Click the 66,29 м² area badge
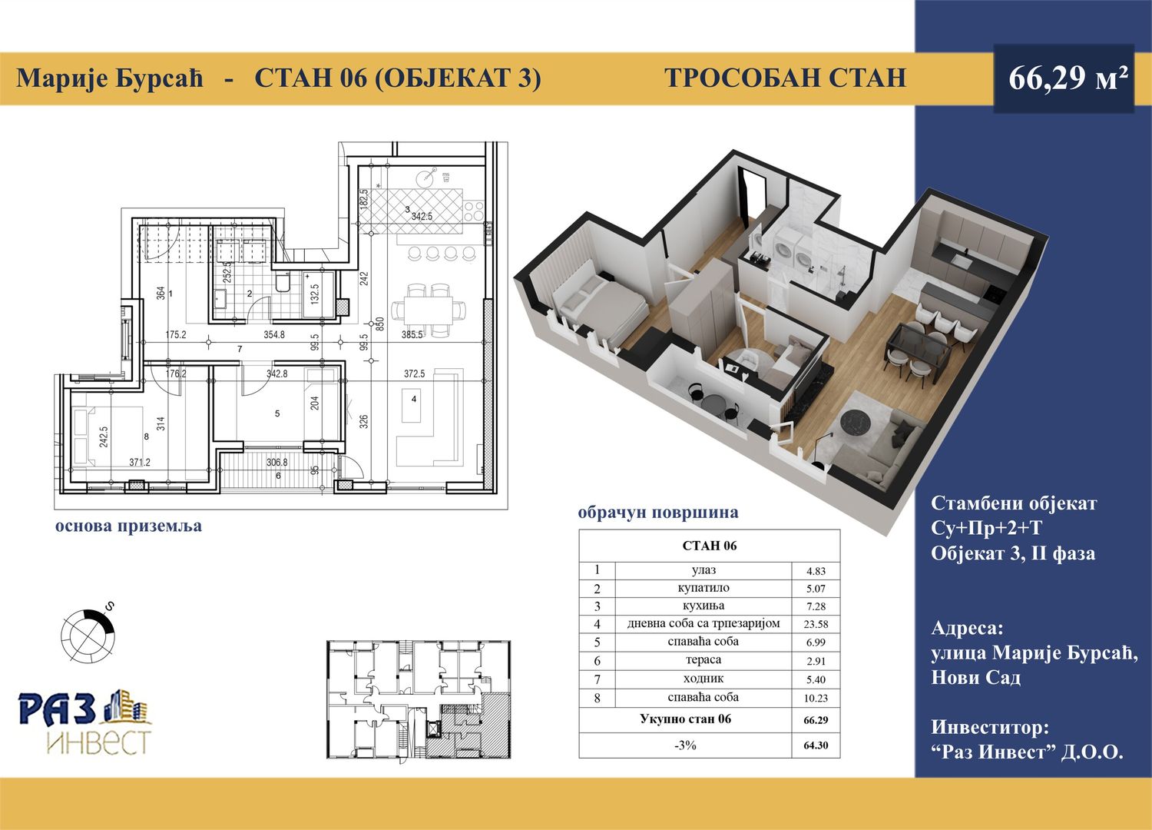[x=1064, y=78]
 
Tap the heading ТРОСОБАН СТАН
[x=785, y=78]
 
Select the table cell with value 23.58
[x=816, y=624]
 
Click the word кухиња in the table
[x=703, y=606]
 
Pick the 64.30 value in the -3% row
[x=816, y=745]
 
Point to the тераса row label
[x=703, y=659]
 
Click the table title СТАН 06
[x=709, y=546]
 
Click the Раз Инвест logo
[x=85, y=722]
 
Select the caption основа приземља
[x=128, y=527]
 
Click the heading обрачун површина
[x=658, y=513]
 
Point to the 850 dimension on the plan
[x=380, y=324]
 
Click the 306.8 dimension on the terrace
[x=277, y=462]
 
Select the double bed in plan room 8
[x=108, y=437]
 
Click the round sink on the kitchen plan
[x=425, y=178]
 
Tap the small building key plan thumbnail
[x=419, y=699]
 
